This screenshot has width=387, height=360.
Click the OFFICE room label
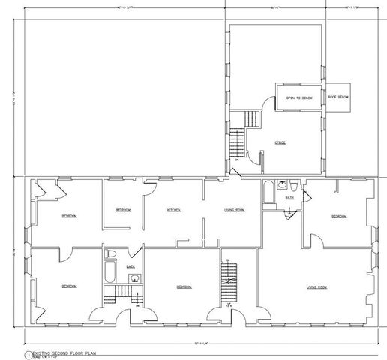click(280, 142)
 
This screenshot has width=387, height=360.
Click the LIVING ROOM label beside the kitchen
click(235, 210)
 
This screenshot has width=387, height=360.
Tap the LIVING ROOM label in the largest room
click(317, 286)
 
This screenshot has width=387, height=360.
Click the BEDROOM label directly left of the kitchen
click(123, 210)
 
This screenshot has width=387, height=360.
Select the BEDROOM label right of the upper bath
click(339, 217)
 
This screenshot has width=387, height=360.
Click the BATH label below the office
click(289, 198)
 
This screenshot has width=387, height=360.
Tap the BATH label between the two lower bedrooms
click(130, 266)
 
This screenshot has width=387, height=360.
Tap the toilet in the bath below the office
click(295, 184)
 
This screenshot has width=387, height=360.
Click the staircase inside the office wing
click(238, 137)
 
